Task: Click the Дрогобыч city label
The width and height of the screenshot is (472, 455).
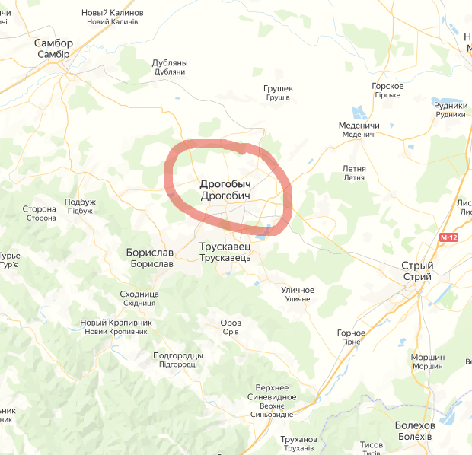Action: (x=225, y=184)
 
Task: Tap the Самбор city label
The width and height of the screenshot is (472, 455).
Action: (x=53, y=43)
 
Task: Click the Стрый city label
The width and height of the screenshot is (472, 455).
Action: (x=417, y=266)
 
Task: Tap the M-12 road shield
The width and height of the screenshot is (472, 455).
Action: (x=448, y=238)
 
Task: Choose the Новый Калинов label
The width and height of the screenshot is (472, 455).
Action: (x=113, y=14)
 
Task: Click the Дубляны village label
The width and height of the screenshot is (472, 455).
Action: (x=170, y=63)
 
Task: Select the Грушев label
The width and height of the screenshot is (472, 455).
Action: (x=278, y=89)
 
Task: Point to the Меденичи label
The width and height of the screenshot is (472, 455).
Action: (x=359, y=126)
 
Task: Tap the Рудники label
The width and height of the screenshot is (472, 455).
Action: (x=451, y=106)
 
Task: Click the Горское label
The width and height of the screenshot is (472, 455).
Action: (x=387, y=86)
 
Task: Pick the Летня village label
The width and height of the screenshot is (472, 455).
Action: (x=354, y=169)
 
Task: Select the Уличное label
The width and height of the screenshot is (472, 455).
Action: (x=298, y=290)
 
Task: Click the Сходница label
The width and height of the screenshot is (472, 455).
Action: (x=139, y=294)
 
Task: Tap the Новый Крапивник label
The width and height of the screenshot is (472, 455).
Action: (x=116, y=323)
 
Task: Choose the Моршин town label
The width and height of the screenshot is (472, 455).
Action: (x=427, y=358)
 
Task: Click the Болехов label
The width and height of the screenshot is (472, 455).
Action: (x=415, y=425)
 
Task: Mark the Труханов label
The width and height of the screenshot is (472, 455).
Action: (x=298, y=440)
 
